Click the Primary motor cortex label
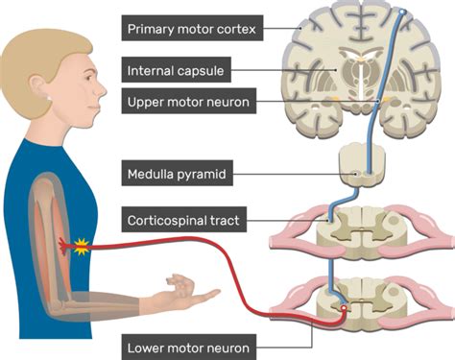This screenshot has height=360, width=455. tap(192, 28)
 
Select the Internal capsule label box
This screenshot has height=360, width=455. tap(176, 70)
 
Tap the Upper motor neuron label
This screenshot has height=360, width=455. tap(189, 101)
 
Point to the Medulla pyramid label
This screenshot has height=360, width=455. tap(177, 173)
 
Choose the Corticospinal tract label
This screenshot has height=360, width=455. tap(184, 219)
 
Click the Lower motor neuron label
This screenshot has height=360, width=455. tap(189, 348)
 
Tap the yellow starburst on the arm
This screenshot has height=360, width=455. tap(82, 247)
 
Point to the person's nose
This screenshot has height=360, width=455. tap(102, 89)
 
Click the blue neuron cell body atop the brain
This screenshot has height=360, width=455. tap(402, 12)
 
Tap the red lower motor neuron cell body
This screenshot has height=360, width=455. tap(344, 308)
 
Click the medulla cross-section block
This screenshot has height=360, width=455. tap(362, 167)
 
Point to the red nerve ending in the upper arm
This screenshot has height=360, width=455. tap(64, 247)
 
